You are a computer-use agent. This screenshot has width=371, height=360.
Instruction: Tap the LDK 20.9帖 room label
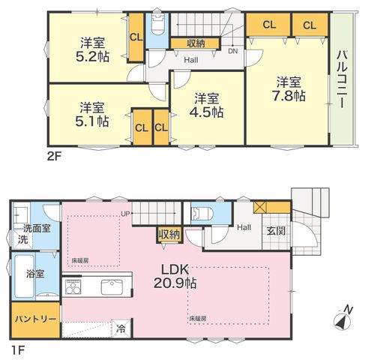coord(175,276)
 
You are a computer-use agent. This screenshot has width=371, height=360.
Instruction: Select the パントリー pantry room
coord(36,319)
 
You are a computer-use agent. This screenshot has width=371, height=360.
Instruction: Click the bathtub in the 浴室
coord(24,276)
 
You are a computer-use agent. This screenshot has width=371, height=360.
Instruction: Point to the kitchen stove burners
coord(73,287)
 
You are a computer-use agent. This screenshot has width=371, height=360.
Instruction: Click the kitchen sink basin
coord(112,287)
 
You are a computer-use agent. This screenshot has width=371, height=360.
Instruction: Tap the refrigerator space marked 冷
coord(121,328)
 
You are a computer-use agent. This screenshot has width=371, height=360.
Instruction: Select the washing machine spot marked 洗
coord(22,239)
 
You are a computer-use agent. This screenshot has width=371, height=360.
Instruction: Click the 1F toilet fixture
coord(202,213)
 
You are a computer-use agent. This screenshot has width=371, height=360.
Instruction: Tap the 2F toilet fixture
coord(158,24)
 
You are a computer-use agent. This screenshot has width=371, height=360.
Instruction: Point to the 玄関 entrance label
coord(276,231)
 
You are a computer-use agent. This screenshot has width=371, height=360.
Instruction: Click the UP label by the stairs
coord(124,214)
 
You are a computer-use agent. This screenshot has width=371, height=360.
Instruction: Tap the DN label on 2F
coord(232,51)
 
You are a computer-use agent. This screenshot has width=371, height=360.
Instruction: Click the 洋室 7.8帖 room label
coord(289,89)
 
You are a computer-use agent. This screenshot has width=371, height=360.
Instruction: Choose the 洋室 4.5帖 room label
coord(206,105)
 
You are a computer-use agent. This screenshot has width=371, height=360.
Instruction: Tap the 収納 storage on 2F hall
coord(196,43)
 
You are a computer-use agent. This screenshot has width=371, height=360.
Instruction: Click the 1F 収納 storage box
coord(169,235)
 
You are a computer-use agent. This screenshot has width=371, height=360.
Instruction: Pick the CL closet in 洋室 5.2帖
coord(136,37)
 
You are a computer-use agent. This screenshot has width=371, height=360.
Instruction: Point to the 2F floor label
coord(54,157)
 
